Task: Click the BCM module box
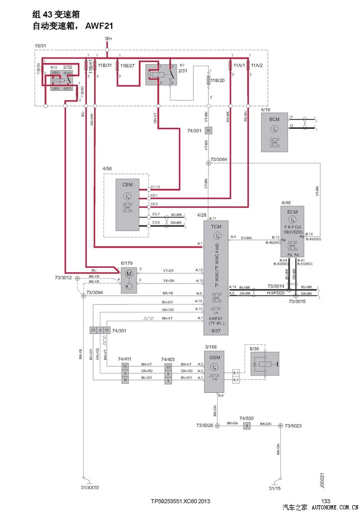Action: pos(275,132)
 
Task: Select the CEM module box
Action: pos(127,205)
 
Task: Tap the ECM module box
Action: pos(293,232)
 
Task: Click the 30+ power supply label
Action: pos(108,39)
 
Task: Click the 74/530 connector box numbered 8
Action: pos(247,425)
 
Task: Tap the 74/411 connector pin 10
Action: pos(125,366)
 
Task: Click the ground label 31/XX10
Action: pos(90,488)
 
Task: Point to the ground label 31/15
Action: pos(275,488)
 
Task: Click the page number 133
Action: pos(325,501)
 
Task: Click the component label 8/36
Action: pos(254,350)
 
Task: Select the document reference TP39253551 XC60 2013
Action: pos(180,501)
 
